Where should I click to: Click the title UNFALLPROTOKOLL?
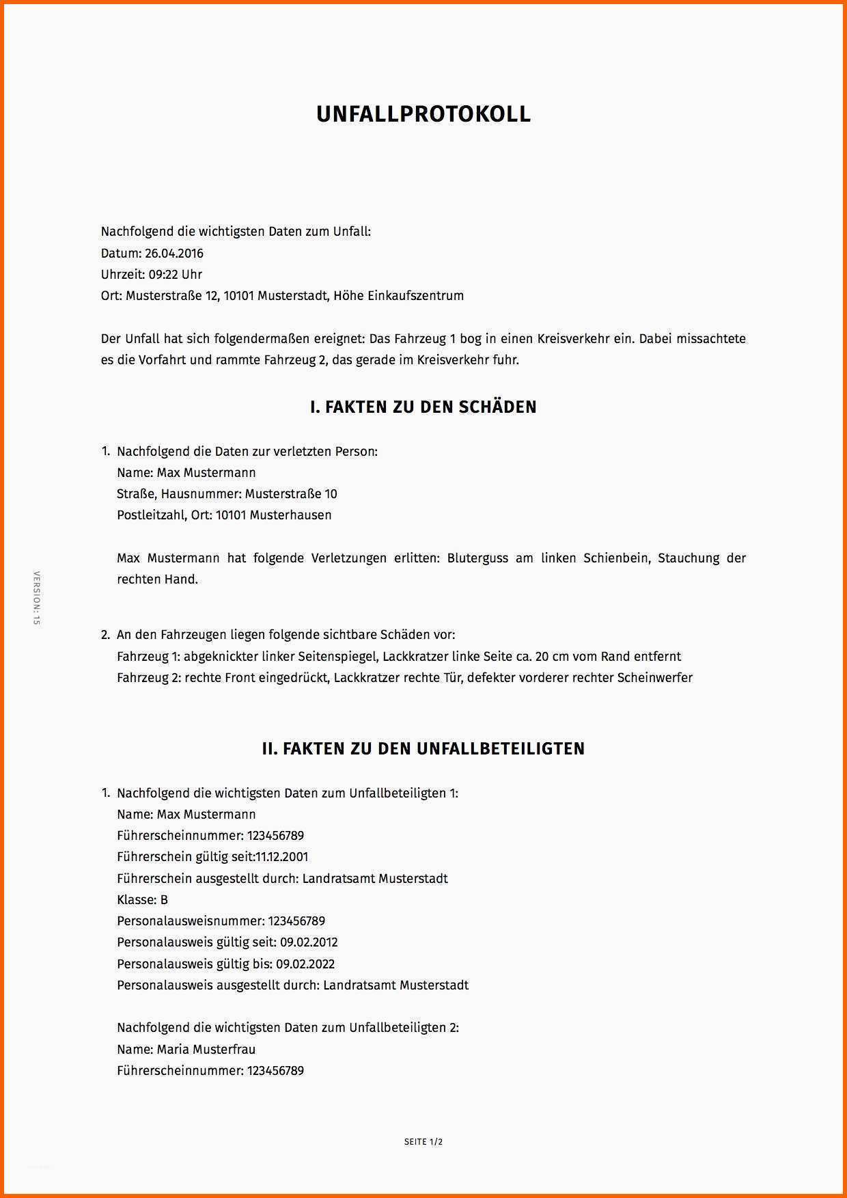(423, 114)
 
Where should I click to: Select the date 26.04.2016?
(173, 254)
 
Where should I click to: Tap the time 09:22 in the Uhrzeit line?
(163, 275)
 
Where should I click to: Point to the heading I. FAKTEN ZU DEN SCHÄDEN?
(423, 407)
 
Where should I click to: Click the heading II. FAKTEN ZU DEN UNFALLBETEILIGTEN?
(423, 749)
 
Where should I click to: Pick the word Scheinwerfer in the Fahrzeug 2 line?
(655, 678)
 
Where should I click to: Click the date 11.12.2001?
(281, 857)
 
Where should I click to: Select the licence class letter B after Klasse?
(164, 900)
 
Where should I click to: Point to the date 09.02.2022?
(305, 964)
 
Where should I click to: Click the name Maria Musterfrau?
(206, 1049)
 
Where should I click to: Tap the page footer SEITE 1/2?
(423, 1141)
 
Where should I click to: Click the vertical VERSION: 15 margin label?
(37, 598)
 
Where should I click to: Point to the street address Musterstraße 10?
(291, 494)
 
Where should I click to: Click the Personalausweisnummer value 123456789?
(296, 921)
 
